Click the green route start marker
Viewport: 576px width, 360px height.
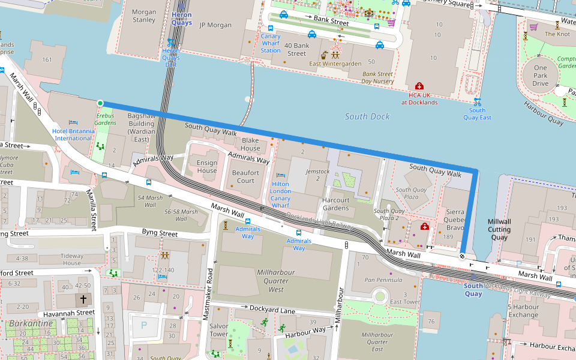100,103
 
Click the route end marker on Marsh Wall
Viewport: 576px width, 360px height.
463,256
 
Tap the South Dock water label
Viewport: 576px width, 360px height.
367,116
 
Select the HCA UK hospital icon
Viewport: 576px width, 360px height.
419,86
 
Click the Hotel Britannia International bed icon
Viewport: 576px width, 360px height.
73,122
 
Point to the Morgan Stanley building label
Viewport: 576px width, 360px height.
143,16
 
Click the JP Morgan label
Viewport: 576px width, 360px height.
215,25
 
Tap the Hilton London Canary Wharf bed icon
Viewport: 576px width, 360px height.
280,175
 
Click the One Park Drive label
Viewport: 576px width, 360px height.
541,76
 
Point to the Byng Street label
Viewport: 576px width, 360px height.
160,232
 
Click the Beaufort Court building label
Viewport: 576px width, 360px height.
245,176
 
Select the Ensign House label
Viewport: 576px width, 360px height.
207,166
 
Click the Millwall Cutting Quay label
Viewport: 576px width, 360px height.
499,229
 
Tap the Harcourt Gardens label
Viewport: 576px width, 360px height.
335,204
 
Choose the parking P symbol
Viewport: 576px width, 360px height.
143,325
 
